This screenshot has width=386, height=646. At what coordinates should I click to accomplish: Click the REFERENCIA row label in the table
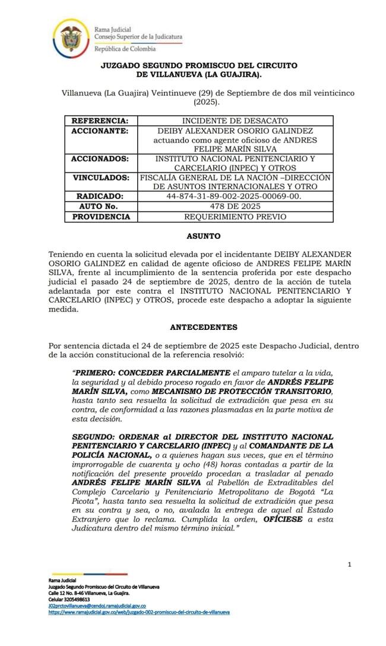100,120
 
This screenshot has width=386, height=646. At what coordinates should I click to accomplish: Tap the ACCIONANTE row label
100,131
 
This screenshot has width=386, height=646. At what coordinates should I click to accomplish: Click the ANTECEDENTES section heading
204,327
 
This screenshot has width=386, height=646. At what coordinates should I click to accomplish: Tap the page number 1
350,564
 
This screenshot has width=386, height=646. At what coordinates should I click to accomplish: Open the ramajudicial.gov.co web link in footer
139,612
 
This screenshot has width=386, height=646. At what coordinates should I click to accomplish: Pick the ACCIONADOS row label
100,159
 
